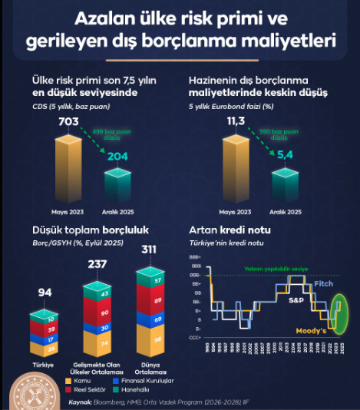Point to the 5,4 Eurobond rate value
click(x=285, y=155)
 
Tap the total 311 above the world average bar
click(x=150, y=249)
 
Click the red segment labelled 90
click(x=104, y=313)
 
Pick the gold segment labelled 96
click(x=157, y=339)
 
